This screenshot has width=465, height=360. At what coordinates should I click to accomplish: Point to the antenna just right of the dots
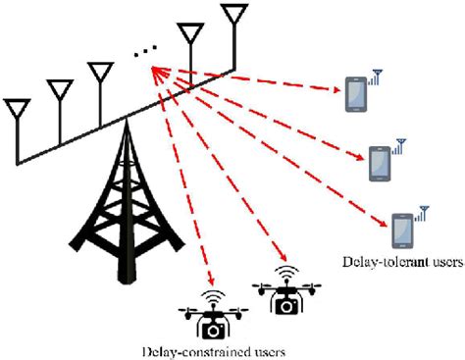(x=189, y=37)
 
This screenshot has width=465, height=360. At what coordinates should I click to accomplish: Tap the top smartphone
(x=355, y=96)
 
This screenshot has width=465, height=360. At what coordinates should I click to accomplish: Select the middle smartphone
(x=380, y=162)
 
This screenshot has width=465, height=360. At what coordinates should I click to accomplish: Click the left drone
(x=210, y=316)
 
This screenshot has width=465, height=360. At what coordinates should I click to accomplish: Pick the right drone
(x=285, y=293)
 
